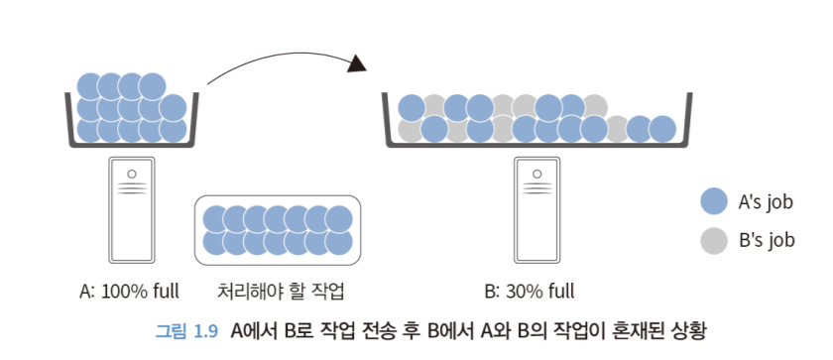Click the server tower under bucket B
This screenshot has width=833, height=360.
click(536, 210)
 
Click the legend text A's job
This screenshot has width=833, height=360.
click(766, 202)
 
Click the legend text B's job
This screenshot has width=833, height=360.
click(766, 240)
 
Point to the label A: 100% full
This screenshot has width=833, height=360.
click(129, 292)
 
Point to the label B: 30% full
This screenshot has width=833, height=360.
click(530, 292)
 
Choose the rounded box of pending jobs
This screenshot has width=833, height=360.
click(277, 230)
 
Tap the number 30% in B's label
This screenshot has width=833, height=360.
click(524, 292)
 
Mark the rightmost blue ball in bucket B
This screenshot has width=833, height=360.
click(663, 129)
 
